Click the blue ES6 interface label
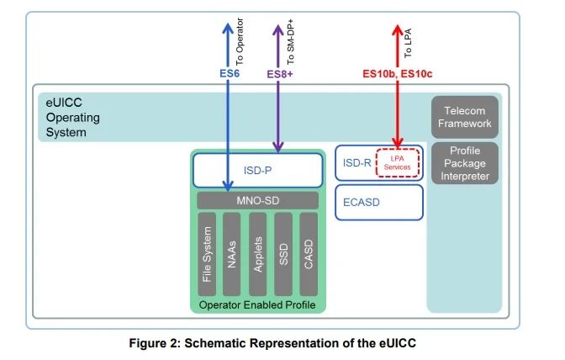(x=230, y=73)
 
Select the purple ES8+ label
(x=280, y=74)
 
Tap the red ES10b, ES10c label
(x=397, y=74)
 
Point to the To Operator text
(x=240, y=41)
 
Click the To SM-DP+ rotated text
(x=290, y=42)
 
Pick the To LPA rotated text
(x=408, y=43)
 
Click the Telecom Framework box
(x=464, y=117)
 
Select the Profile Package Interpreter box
(x=464, y=163)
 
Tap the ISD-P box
(x=257, y=170)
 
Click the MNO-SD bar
(x=257, y=201)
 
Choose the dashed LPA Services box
(x=397, y=163)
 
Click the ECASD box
(x=378, y=202)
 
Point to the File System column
(x=207, y=254)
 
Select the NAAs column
(x=232, y=254)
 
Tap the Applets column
(x=257, y=254)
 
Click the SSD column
(x=283, y=254)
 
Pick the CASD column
(x=309, y=254)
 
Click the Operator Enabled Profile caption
(x=257, y=305)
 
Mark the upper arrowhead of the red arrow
(x=398, y=26)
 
